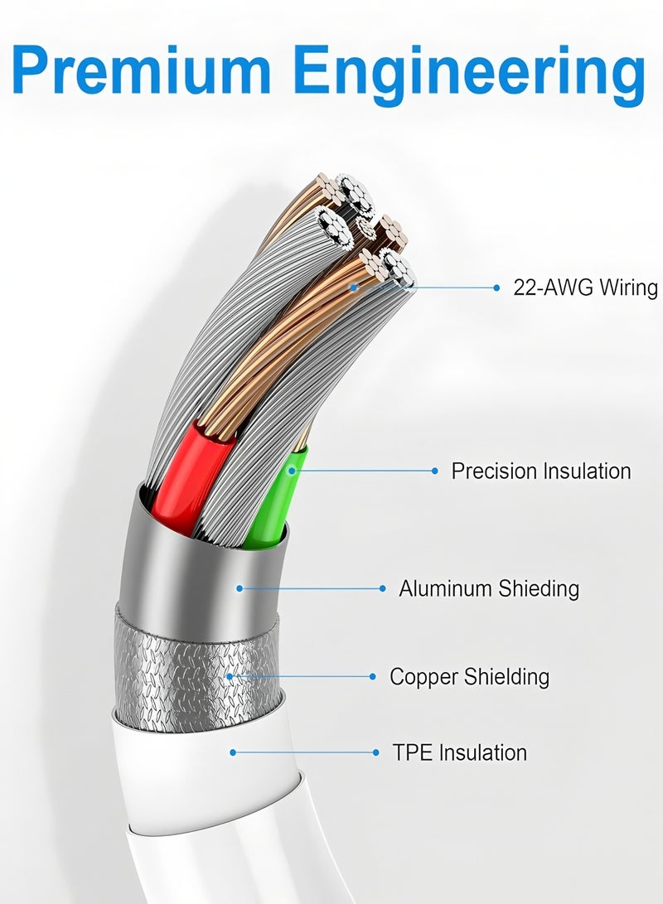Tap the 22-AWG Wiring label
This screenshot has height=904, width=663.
coord(585,288)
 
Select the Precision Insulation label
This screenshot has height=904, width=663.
coord(540,471)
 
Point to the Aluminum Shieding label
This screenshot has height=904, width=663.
coord(488,588)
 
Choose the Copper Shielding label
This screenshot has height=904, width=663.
coord(469,676)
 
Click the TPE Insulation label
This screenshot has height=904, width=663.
coord(459,752)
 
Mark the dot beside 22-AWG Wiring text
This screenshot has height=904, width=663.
coord(496,288)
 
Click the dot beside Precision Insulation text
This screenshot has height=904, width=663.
coord(434,471)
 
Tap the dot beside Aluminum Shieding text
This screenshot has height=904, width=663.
coord(382,588)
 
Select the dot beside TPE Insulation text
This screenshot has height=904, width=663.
coord(378,752)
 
